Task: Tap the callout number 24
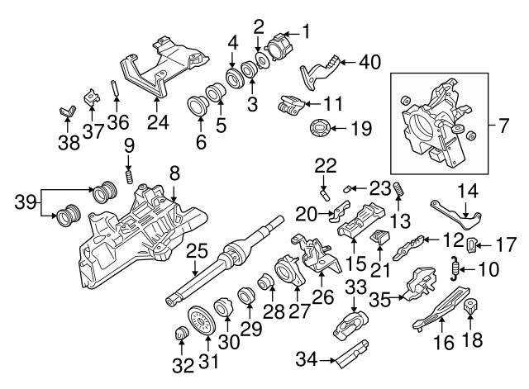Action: tap(158, 123)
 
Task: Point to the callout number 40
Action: tap(370, 60)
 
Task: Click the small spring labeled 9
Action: tap(129, 176)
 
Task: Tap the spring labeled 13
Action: tap(398, 190)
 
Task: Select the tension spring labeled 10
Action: tap(455, 267)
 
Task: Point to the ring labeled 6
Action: tap(198, 107)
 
